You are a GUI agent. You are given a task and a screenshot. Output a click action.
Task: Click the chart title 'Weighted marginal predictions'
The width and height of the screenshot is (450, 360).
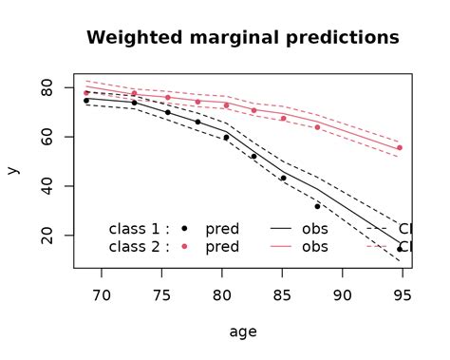pos(242,38)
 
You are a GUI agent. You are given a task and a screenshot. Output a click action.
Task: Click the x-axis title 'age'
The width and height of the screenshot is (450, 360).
pos(242,332)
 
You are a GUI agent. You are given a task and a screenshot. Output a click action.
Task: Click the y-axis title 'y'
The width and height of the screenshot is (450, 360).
pos(12,171)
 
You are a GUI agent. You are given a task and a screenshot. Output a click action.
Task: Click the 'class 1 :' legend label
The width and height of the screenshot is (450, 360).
pos(139,229)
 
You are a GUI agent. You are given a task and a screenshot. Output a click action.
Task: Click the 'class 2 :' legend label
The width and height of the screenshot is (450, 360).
pos(139,246)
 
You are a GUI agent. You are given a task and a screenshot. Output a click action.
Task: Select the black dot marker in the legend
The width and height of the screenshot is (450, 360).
pos(185,229)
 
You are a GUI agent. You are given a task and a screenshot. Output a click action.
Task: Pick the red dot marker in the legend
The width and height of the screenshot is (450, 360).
pos(185,246)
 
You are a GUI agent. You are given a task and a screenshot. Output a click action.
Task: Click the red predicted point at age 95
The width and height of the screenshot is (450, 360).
pos(400,148)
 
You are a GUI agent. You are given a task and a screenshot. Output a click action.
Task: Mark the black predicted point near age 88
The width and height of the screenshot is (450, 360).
pos(317,206)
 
